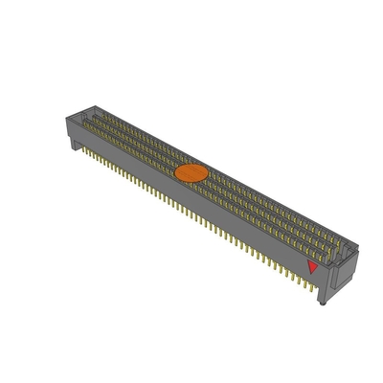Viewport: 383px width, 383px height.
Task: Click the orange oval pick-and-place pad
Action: pyautogui.click(x=191, y=173)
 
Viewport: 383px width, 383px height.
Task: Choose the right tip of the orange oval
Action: pyautogui.click(x=207, y=173)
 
